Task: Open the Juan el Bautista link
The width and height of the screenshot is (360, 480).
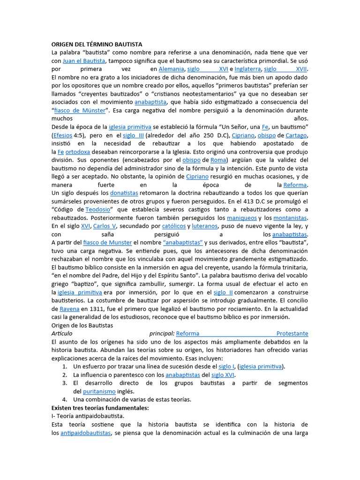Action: tap(84, 61)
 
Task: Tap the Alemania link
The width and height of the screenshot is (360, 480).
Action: tap(171, 69)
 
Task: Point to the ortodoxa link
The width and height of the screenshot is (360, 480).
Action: tap(78, 152)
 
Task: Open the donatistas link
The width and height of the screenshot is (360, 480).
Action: tap(124, 193)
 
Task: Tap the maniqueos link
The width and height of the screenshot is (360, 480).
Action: tap(242, 218)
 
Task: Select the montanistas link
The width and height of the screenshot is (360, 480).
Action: tap(290, 218)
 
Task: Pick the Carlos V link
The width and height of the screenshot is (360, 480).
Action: tap(105, 226)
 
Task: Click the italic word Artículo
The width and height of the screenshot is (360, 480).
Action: tap(63, 334)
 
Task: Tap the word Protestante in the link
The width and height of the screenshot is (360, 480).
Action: tap(292, 334)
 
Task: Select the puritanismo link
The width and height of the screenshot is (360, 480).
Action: tap(100, 391)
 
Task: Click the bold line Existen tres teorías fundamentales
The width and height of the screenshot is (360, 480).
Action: tap(100, 408)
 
